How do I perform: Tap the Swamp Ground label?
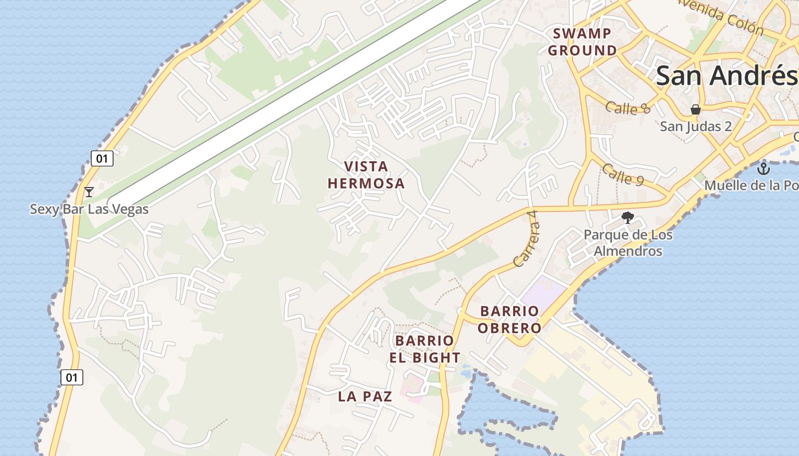coord(582,42)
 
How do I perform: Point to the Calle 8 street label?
coord(628,108)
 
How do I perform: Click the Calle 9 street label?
coord(623,175)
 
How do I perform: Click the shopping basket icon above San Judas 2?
coord(695,109)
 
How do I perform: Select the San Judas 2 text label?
coord(696,126)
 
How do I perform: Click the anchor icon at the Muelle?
coord(763,169)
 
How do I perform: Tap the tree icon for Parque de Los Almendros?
coord(628,217)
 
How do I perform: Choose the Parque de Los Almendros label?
coord(628,243)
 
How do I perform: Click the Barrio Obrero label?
coord(509,320)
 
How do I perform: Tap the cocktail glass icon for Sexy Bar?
coord(88,192)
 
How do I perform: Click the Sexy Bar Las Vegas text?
coord(89,209)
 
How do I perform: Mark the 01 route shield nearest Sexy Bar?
coord(102,158)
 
